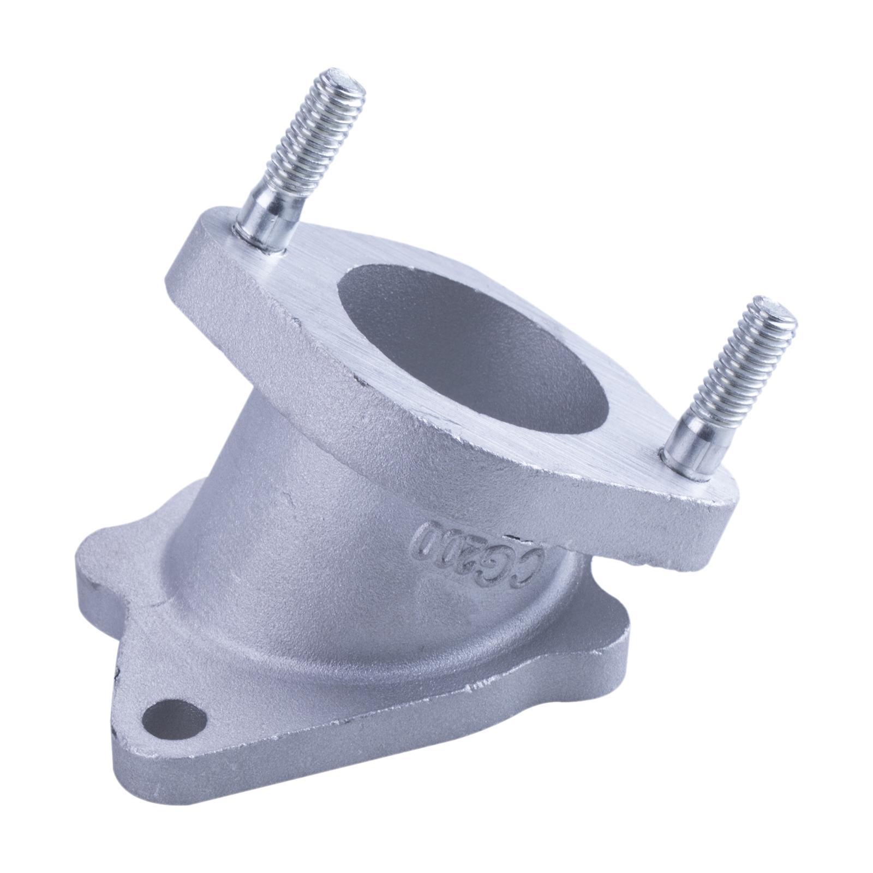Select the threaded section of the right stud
tap(745, 355)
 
